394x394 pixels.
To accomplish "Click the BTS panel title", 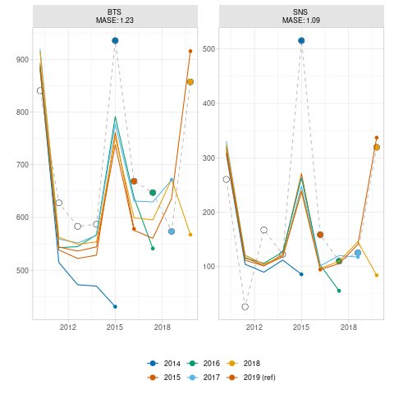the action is (x=114, y=12).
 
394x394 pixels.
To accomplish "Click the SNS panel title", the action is (x=300, y=12).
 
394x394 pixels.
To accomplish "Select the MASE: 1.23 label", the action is (x=115, y=21).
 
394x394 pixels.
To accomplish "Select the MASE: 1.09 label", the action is (x=301, y=21).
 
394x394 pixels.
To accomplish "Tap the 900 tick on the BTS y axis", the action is (x=22, y=60).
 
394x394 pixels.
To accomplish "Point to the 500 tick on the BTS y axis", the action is (x=22, y=270).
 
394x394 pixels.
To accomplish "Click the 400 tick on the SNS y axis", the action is (x=208, y=103).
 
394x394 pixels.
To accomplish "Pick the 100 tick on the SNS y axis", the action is (x=208, y=267).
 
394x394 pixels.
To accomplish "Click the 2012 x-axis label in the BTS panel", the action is (x=68, y=328).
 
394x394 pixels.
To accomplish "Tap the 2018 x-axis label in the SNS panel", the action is (x=348, y=328).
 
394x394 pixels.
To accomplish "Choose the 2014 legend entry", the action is (x=163, y=364).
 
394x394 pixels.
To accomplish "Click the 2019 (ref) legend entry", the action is (x=251, y=378).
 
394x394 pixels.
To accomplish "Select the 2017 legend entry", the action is (x=203, y=378).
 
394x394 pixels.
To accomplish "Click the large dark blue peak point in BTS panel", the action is (x=115, y=41).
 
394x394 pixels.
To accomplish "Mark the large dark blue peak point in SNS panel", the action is (x=301, y=41).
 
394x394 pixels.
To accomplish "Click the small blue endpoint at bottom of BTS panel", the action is (x=115, y=307).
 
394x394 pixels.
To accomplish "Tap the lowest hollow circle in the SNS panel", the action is (x=245, y=307).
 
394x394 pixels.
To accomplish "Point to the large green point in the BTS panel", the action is (x=153, y=193).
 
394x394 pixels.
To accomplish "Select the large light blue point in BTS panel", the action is (x=172, y=231).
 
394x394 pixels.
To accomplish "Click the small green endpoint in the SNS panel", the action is (x=339, y=291).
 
